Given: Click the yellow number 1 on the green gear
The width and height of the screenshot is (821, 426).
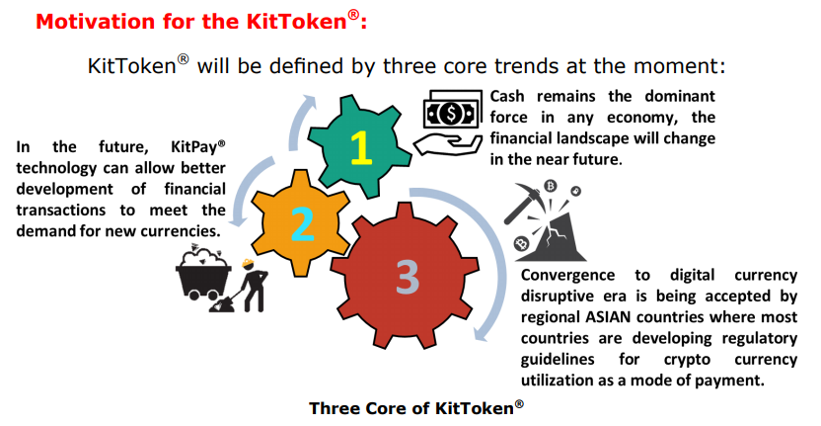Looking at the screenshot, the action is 361,148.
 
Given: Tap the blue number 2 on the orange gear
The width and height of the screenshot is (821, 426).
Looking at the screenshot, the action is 302,224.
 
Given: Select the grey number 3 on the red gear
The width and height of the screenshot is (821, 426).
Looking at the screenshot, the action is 407,277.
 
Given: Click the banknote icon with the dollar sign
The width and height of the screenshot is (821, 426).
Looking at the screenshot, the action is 452,109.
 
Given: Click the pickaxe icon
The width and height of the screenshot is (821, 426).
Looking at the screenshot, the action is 524,203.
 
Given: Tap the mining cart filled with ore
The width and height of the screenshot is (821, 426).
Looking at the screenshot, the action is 203,272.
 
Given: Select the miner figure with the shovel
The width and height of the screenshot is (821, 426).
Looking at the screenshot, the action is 244,286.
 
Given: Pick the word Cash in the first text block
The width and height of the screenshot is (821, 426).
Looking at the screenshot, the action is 507,97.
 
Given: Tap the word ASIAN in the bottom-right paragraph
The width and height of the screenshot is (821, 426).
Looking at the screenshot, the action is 605,317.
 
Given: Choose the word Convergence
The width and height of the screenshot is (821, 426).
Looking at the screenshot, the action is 567,276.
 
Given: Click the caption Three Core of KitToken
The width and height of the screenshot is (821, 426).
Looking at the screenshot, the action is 416,407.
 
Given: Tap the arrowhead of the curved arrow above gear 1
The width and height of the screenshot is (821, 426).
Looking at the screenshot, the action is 310,101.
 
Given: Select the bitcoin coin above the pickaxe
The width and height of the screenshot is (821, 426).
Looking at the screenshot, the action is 550,186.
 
